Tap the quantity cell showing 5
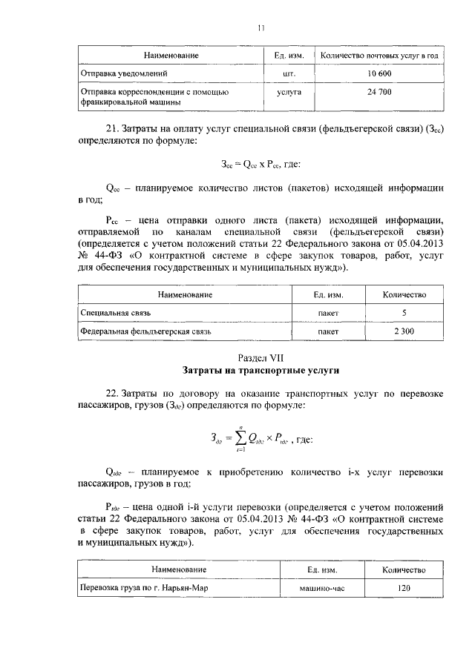click(x=404, y=314)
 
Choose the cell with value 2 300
click(x=404, y=331)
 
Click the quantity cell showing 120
click(x=404, y=589)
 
